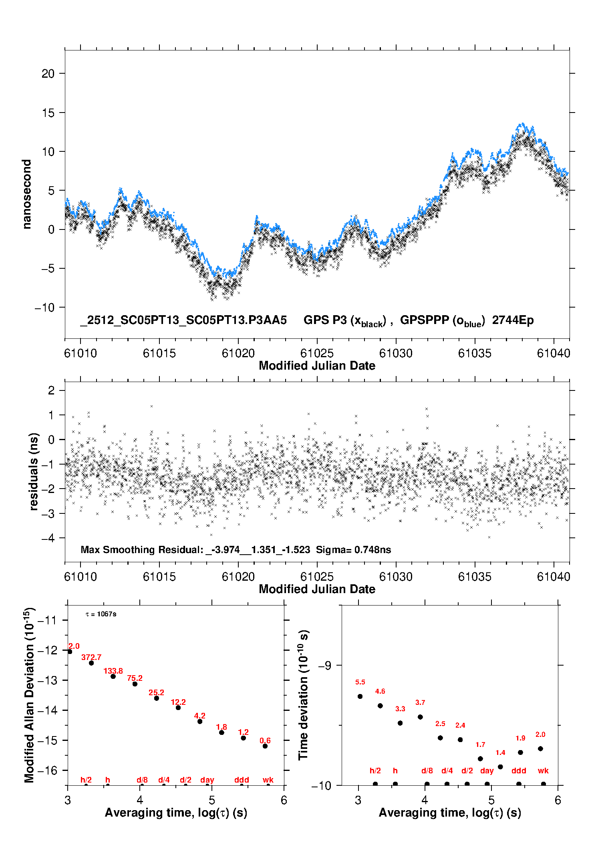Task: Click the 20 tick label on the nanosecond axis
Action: coord(48,74)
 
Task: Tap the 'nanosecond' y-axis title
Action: coord(27,194)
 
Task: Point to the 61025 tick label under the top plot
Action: coord(317,353)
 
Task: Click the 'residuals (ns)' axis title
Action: coord(34,471)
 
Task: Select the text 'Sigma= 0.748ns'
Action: coord(353,549)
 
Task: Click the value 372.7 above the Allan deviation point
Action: coord(91,657)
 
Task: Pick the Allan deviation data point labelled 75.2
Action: coord(135,684)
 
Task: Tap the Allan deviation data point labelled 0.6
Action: coord(265,746)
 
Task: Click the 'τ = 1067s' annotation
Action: coord(101,614)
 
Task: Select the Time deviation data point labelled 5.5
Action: coord(360,696)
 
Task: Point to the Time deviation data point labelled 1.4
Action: coord(500,767)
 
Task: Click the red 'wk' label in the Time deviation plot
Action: coord(543,771)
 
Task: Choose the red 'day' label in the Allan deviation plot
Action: coord(207,780)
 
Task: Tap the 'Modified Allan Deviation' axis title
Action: coord(29,695)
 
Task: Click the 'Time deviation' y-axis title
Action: coord(303,695)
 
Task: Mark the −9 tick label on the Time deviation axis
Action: coord(324,666)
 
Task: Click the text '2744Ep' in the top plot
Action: coord(513,320)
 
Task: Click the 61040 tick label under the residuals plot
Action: coord(554,577)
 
